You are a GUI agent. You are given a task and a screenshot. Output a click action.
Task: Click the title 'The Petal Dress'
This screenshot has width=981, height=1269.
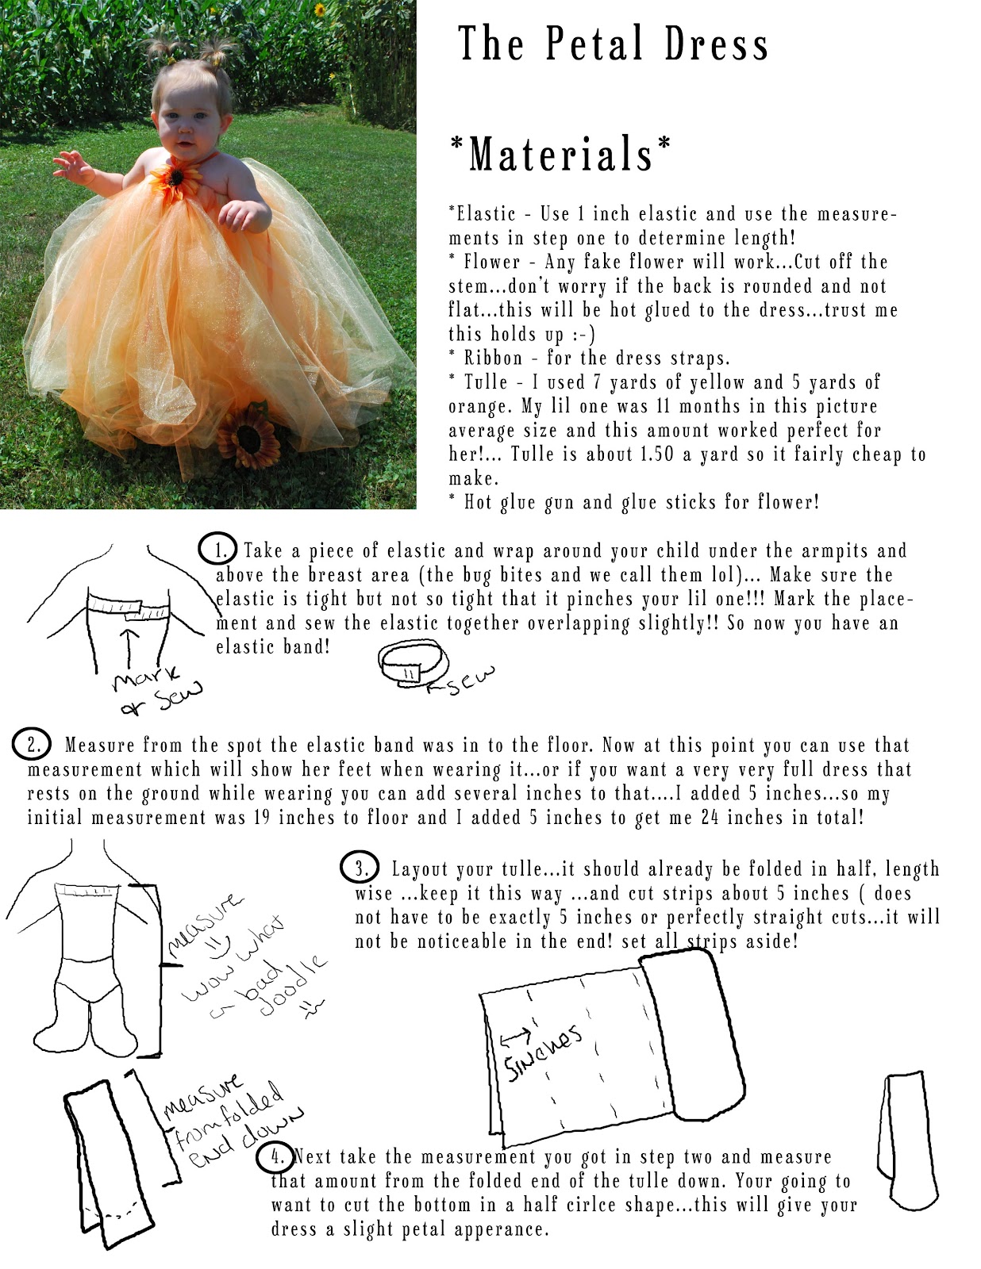pyautogui.click(x=613, y=44)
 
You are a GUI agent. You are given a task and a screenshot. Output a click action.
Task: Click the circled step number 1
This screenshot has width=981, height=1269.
pyautogui.click(x=217, y=549)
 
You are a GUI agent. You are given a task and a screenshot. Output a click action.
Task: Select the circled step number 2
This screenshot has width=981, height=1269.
pyautogui.click(x=33, y=745)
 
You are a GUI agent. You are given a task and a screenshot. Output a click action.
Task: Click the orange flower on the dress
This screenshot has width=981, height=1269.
pyautogui.click(x=167, y=178)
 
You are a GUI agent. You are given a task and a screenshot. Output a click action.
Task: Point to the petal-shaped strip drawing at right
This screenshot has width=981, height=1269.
pyautogui.click(x=906, y=1135)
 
